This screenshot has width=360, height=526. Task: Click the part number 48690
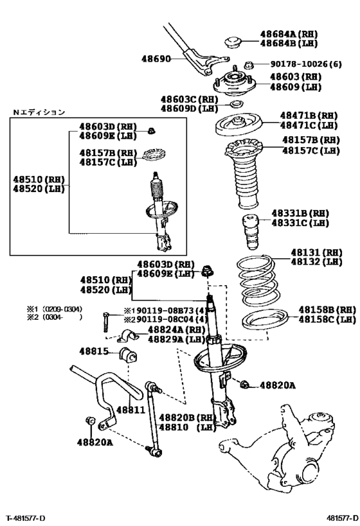coord(156,59)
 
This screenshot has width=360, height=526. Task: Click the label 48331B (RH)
coord(300,213)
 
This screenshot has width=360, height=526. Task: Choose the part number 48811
coord(129,408)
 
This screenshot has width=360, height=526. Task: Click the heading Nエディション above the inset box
coord(39,112)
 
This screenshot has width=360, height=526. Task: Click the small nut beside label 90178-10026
coord(251,65)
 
